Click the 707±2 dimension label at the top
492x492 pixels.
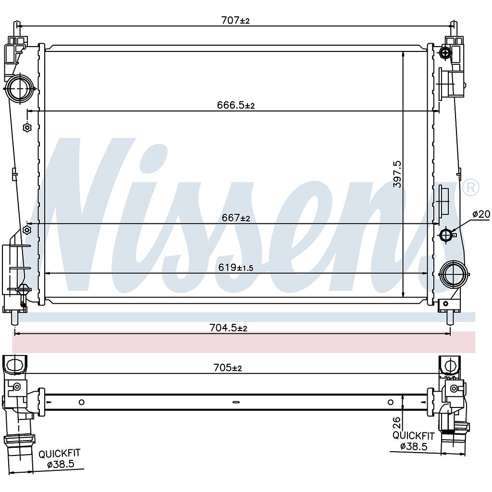[235, 20]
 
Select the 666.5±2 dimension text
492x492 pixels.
[236, 105]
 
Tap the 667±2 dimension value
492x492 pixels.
[236, 218]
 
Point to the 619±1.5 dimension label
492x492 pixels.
[236, 267]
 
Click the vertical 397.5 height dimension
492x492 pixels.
[397, 174]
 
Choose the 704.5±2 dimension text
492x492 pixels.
[228, 328]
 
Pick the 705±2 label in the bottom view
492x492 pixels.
[227, 368]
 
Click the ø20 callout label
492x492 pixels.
[481, 214]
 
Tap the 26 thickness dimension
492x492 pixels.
[396, 422]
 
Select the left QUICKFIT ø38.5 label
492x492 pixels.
[59, 459]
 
